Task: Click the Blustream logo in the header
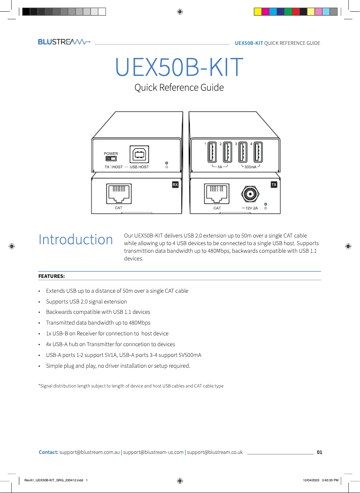click(64, 42)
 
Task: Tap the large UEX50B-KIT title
click(179, 67)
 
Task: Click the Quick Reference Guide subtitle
click(179, 88)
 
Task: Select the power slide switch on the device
click(110, 158)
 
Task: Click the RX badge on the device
click(175, 185)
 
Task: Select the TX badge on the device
click(274, 185)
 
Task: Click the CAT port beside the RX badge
click(119, 194)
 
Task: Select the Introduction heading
click(75, 240)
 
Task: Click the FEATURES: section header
click(51, 276)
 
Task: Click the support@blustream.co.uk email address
click(215, 452)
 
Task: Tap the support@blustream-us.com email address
click(154, 452)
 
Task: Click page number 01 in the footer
click(320, 452)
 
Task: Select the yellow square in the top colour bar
click(258, 11)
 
